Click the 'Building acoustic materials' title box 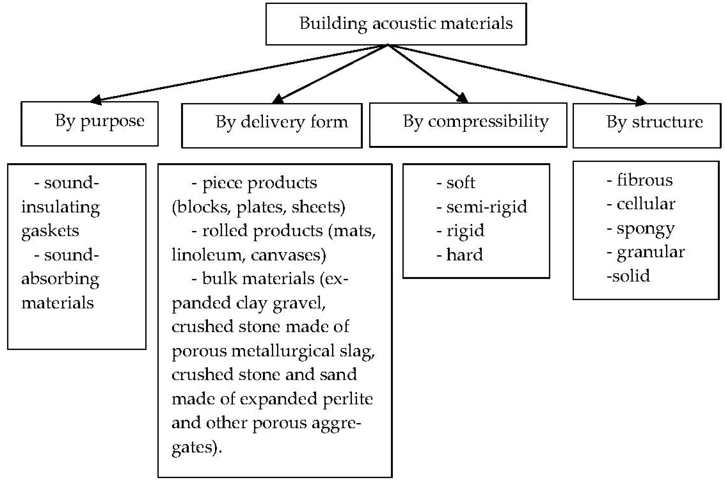coord(396,24)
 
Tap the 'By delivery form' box coord(272,125)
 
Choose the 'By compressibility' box coord(468,125)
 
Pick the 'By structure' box coord(647,125)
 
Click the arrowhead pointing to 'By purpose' coord(96,100)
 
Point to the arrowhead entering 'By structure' coord(641,101)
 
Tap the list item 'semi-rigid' coord(486,207)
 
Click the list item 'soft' coord(460,183)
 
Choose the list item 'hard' coord(464,255)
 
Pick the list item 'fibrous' coord(644,180)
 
